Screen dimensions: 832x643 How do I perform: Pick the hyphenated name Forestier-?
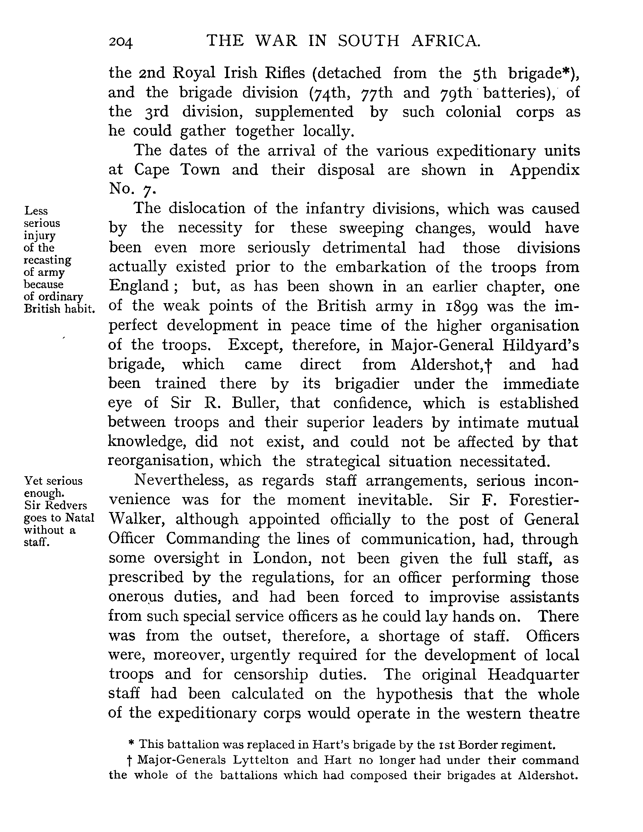tap(544, 500)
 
